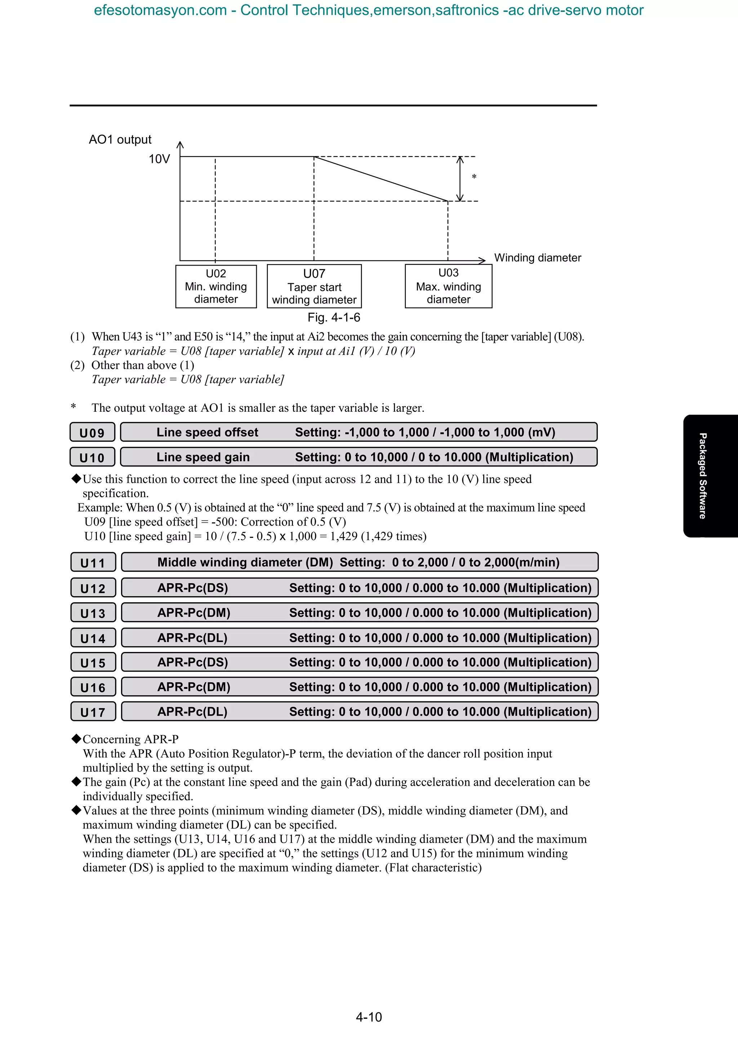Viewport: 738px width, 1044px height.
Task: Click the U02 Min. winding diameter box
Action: click(x=216, y=286)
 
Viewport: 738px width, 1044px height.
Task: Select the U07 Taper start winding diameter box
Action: click(x=314, y=286)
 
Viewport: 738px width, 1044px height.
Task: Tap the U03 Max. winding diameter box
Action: click(x=448, y=286)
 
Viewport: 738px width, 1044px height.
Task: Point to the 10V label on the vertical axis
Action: click(x=159, y=159)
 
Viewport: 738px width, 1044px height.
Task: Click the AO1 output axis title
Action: click(x=120, y=139)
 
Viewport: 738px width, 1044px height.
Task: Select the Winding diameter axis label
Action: click(x=538, y=258)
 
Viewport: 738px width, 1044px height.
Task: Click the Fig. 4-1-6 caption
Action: click(x=334, y=317)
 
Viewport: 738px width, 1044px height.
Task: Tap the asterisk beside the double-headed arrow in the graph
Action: click(x=474, y=177)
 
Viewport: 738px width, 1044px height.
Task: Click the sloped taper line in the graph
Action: click(x=381, y=179)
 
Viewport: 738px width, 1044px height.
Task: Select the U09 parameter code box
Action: click(x=92, y=432)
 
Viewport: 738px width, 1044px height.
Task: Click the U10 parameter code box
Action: click(x=92, y=458)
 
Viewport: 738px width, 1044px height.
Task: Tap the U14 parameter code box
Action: click(x=93, y=638)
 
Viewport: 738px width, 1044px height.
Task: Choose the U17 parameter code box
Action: click(x=93, y=712)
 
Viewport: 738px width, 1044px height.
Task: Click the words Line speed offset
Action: click(x=207, y=432)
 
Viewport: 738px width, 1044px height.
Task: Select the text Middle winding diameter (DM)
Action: click(x=245, y=562)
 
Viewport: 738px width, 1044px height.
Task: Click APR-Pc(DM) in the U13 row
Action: click(x=194, y=613)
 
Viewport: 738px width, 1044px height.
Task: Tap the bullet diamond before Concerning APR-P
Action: click(x=76, y=739)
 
